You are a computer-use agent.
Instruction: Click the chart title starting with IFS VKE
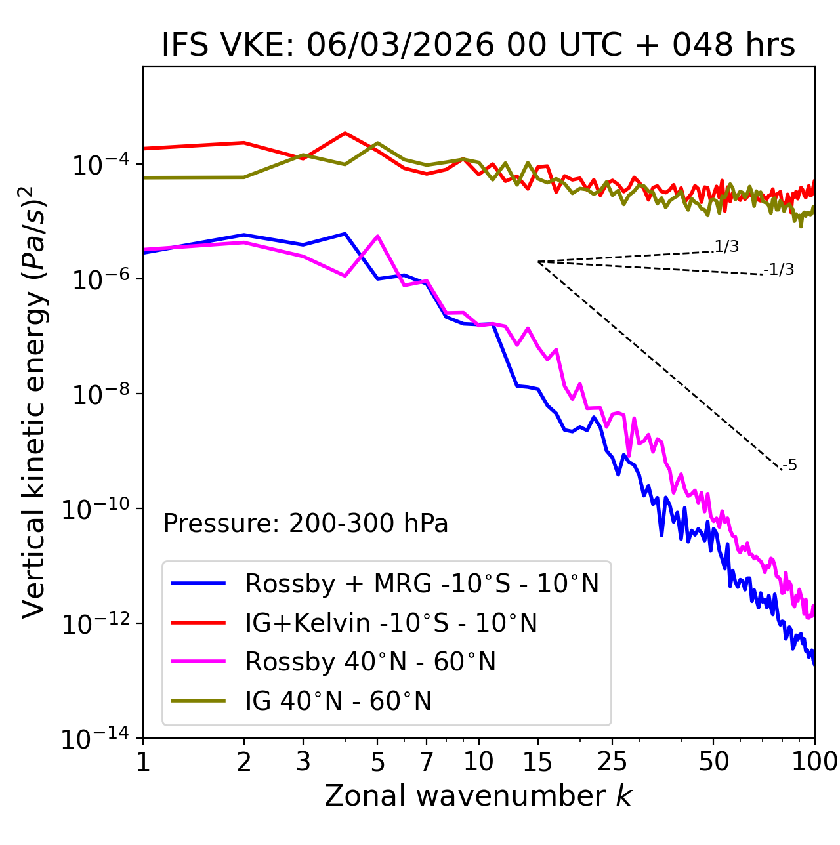click(478, 45)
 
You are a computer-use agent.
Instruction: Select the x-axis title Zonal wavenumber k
click(478, 796)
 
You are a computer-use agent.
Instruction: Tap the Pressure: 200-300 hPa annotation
click(306, 524)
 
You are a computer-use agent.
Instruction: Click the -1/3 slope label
click(779, 270)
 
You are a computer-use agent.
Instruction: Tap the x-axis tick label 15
click(537, 762)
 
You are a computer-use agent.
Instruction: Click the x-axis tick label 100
click(814, 762)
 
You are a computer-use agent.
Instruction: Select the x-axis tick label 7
click(427, 762)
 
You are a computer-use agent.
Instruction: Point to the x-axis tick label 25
click(612, 762)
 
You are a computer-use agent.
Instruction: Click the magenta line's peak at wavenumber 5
click(377, 236)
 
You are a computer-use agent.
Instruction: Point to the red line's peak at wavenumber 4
click(345, 133)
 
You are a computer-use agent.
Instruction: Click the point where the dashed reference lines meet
click(538, 262)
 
